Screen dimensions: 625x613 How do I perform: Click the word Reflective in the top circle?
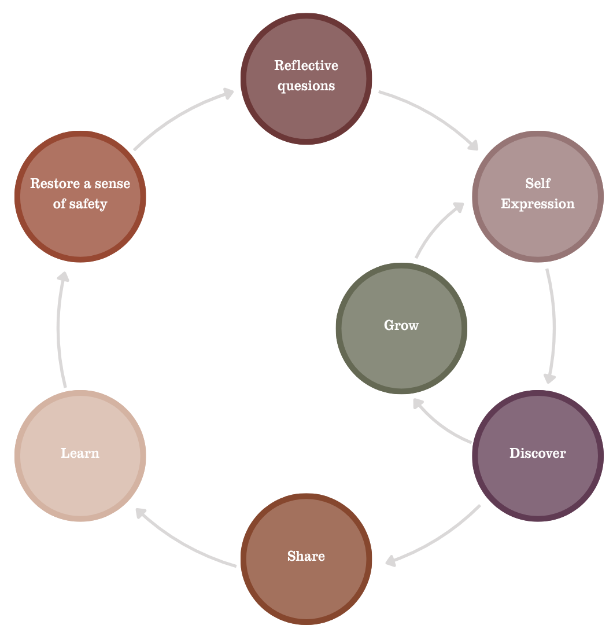click(x=306, y=65)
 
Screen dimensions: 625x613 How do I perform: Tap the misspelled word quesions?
click(x=306, y=86)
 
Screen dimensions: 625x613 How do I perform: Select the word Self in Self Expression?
click(x=538, y=183)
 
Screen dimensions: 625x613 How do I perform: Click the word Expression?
click(x=538, y=204)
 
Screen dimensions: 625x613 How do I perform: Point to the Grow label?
click(x=401, y=325)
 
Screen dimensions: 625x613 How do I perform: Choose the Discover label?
click(x=538, y=453)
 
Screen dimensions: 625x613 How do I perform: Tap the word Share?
click(x=306, y=556)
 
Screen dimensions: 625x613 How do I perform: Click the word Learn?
click(x=80, y=453)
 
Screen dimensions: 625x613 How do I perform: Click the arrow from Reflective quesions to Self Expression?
click(x=431, y=115)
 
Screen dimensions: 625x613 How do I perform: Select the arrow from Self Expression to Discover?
click(x=552, y=324)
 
